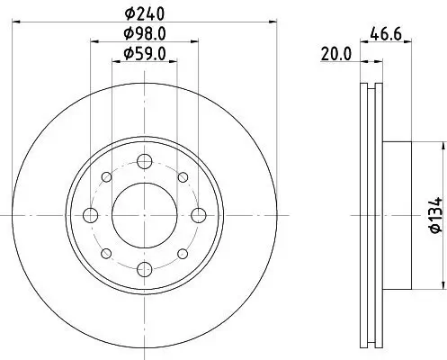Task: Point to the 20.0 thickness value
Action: (335, 54)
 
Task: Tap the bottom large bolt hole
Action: (143, 268)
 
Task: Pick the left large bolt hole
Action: (89, 214)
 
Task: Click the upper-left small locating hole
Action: (105, 176)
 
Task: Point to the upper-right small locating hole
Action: (182, 176)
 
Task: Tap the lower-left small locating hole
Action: (105, 253)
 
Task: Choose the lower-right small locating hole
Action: (182, 253)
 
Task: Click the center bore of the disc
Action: (143, 214)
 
